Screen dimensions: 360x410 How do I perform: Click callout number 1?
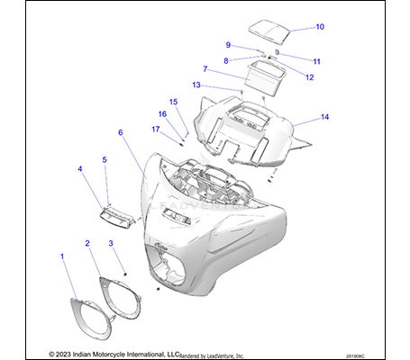62,256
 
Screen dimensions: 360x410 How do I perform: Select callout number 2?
87,243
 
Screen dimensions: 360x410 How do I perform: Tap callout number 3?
111,243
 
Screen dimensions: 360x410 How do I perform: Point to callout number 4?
80,168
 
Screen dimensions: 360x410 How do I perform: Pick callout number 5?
104,159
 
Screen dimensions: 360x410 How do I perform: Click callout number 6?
120,132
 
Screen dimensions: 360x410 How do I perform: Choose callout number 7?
205,68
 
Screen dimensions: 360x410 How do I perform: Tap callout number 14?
324,117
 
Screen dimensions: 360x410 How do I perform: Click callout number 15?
174,102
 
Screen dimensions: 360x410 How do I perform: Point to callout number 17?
155,129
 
